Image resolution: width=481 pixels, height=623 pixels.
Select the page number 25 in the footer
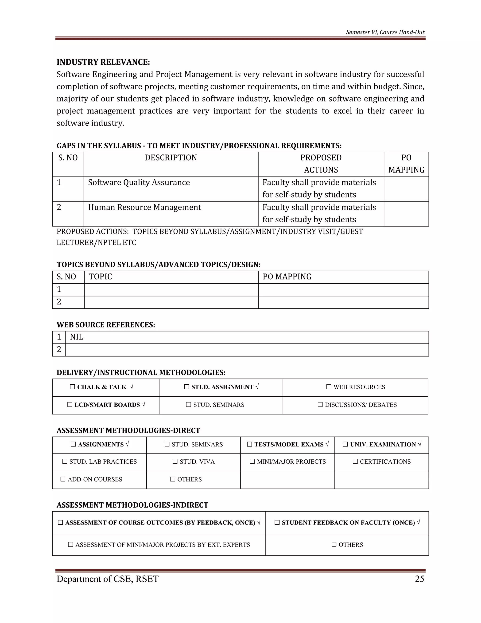pos(419,579)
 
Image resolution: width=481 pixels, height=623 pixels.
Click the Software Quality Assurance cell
pos(139,183)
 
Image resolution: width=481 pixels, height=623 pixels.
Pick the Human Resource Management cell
pos(144,207)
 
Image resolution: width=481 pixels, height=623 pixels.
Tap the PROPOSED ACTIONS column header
pos(321,164)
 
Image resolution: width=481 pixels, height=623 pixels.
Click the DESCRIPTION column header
pos(171,158)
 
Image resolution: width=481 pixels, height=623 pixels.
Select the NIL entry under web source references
pos(77,337)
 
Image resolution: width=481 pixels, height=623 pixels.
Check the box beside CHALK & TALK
pos(72,387)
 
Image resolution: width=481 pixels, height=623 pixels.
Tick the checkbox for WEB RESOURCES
pos(329,387)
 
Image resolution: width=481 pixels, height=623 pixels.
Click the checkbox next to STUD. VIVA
pos(175,461)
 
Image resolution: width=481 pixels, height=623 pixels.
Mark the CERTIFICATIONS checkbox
pos(355,461)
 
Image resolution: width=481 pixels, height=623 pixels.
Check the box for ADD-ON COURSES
pos(63,479)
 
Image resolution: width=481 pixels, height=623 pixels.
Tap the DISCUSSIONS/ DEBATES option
pos(361,405)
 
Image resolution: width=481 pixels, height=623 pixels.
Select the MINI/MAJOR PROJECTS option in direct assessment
pos(291,461)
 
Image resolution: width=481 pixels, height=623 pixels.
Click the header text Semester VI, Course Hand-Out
pos(385,32)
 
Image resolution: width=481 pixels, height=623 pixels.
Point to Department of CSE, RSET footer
pos(107,579)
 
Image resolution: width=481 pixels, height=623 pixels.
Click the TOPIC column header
pos(100,277)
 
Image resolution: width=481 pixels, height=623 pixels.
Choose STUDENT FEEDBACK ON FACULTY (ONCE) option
pos(348,523)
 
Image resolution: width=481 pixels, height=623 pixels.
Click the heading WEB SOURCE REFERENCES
pos(106,325)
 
